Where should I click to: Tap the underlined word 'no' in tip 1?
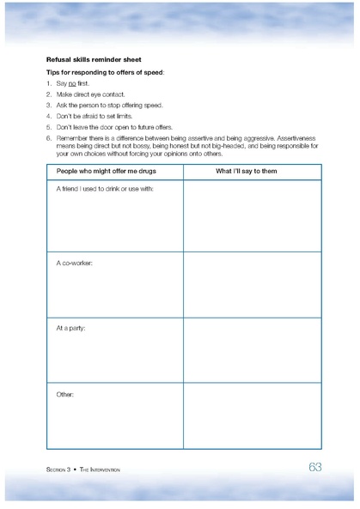72,84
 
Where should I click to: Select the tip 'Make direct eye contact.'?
90,94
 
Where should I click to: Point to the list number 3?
49,105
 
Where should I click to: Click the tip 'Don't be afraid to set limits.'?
95,116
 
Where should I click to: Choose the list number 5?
49,126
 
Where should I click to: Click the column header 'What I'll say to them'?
252,172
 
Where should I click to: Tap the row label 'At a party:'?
70,328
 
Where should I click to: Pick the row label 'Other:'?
65,394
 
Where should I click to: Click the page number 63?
314,467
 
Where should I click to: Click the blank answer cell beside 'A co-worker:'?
252,284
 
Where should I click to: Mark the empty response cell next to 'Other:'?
252,416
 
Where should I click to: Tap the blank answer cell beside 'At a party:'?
252,350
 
